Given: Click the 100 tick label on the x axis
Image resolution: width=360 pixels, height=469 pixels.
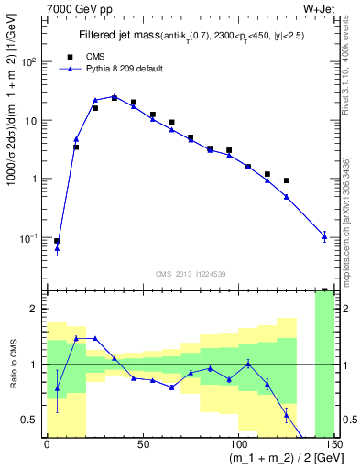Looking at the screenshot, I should [x=237, y=445].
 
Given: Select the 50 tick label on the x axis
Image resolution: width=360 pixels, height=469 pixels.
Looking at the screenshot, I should [x=143, y=445].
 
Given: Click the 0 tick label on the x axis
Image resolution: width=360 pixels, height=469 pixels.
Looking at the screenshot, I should [x=47, y=445].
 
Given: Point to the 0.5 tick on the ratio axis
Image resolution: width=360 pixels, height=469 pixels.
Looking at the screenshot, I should [x=33, y=420].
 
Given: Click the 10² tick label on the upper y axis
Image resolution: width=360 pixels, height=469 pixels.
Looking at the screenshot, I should [x=30, y=61].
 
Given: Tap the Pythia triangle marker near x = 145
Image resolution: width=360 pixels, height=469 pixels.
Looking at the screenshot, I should [x=324, y=236].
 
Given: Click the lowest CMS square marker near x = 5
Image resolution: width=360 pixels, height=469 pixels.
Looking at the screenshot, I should [x=57, y=241].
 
